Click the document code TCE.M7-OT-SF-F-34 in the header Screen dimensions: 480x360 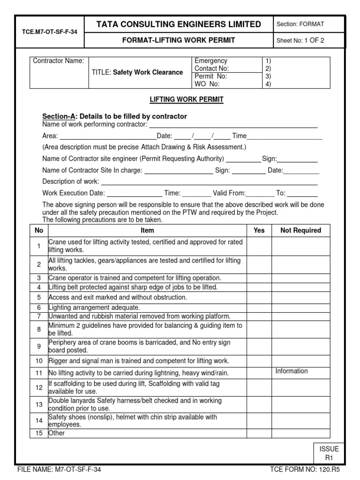(49, 32)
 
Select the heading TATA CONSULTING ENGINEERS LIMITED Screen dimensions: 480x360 (179, 24)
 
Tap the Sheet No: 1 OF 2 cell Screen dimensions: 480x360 (300, 40)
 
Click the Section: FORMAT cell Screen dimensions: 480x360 (300, 24)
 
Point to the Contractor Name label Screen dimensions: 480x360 (58, 61)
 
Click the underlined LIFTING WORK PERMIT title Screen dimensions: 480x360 (180, 99)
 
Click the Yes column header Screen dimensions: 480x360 (259, 230)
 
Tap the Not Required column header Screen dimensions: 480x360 (300, 230)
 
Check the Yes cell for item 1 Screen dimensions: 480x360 (259, 246)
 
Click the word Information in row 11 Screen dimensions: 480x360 (292, 371)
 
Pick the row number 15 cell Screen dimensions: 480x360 (39, 434)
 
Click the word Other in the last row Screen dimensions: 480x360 (57, 434)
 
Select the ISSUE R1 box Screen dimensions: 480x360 (329, 453)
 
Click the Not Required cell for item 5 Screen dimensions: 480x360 (300, 298)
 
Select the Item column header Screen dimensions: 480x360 (147, 230)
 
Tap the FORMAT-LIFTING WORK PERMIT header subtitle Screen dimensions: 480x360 (179, 40)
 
